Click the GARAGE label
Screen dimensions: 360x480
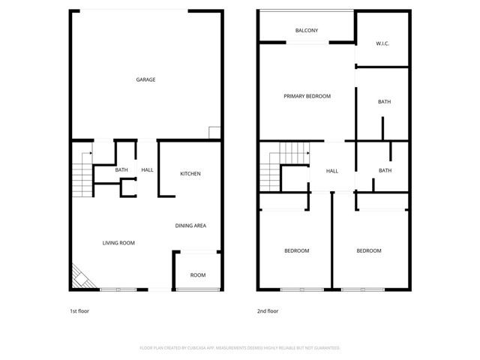145,79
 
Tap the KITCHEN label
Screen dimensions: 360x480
190,174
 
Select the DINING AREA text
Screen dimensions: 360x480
190,226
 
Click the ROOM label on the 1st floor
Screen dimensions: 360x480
197,275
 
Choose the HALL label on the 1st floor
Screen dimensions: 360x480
147,170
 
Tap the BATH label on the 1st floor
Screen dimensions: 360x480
121,170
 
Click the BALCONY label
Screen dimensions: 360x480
307,31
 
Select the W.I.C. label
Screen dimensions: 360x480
383,43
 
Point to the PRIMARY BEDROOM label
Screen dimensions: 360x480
307,96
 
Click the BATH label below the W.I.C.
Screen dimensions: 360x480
384,102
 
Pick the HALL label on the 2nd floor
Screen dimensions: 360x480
331,171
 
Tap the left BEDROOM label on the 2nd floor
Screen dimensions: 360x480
296,250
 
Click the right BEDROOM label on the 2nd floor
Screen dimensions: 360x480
368,250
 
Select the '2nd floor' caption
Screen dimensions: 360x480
268,310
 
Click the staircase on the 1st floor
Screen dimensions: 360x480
80,175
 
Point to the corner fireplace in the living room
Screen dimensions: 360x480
79,278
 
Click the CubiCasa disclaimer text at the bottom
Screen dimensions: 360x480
240,348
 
